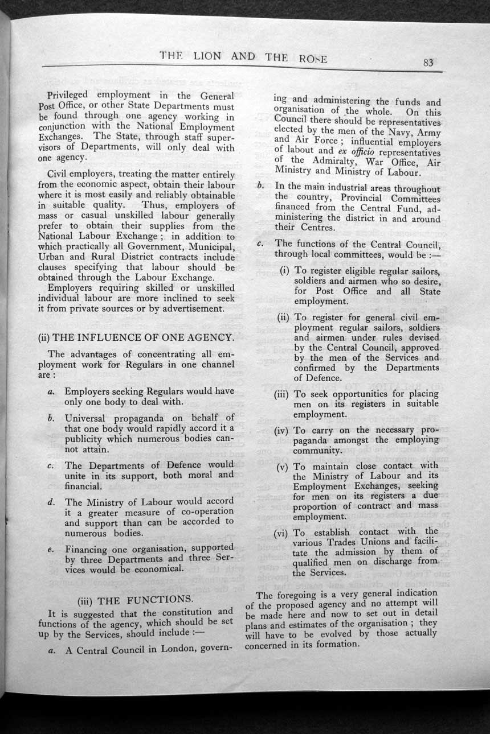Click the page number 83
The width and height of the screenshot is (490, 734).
(429, 63)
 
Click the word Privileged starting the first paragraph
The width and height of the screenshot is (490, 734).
(72, 95)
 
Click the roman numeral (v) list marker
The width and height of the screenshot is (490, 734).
(283, 467)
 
